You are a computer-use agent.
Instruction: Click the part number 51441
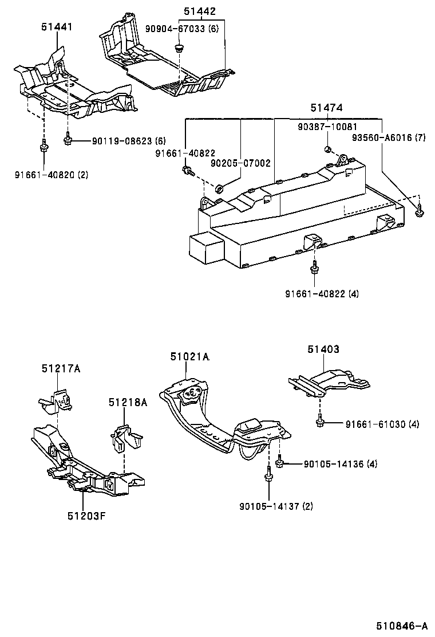click(x=57, y=26)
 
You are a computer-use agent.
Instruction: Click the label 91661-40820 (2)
click(x=52, y=174)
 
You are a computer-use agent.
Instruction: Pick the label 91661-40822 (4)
click(x=322, y=294)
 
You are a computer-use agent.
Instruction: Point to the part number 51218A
click(x=128, y=403)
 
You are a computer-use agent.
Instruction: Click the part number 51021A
click(x=189, y=357)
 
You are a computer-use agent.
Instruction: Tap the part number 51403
click(x=323, y=349)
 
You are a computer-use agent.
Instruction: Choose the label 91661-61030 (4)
click(x=382, y=424)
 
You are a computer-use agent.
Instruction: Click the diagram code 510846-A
click(x=402, y=625)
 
